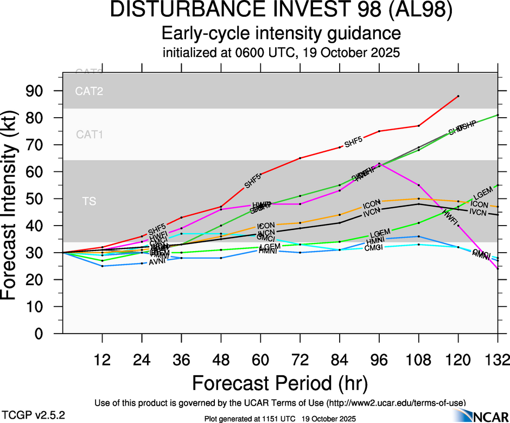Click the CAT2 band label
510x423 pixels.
[89, 91]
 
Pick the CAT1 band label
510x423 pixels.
[89, 134]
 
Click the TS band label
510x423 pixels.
[89, 202]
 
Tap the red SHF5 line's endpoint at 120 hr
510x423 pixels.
[458, 96]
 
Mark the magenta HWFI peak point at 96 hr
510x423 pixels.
[379, 164]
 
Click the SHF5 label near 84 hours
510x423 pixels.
[353, 142]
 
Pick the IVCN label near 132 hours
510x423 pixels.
[479, 212]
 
